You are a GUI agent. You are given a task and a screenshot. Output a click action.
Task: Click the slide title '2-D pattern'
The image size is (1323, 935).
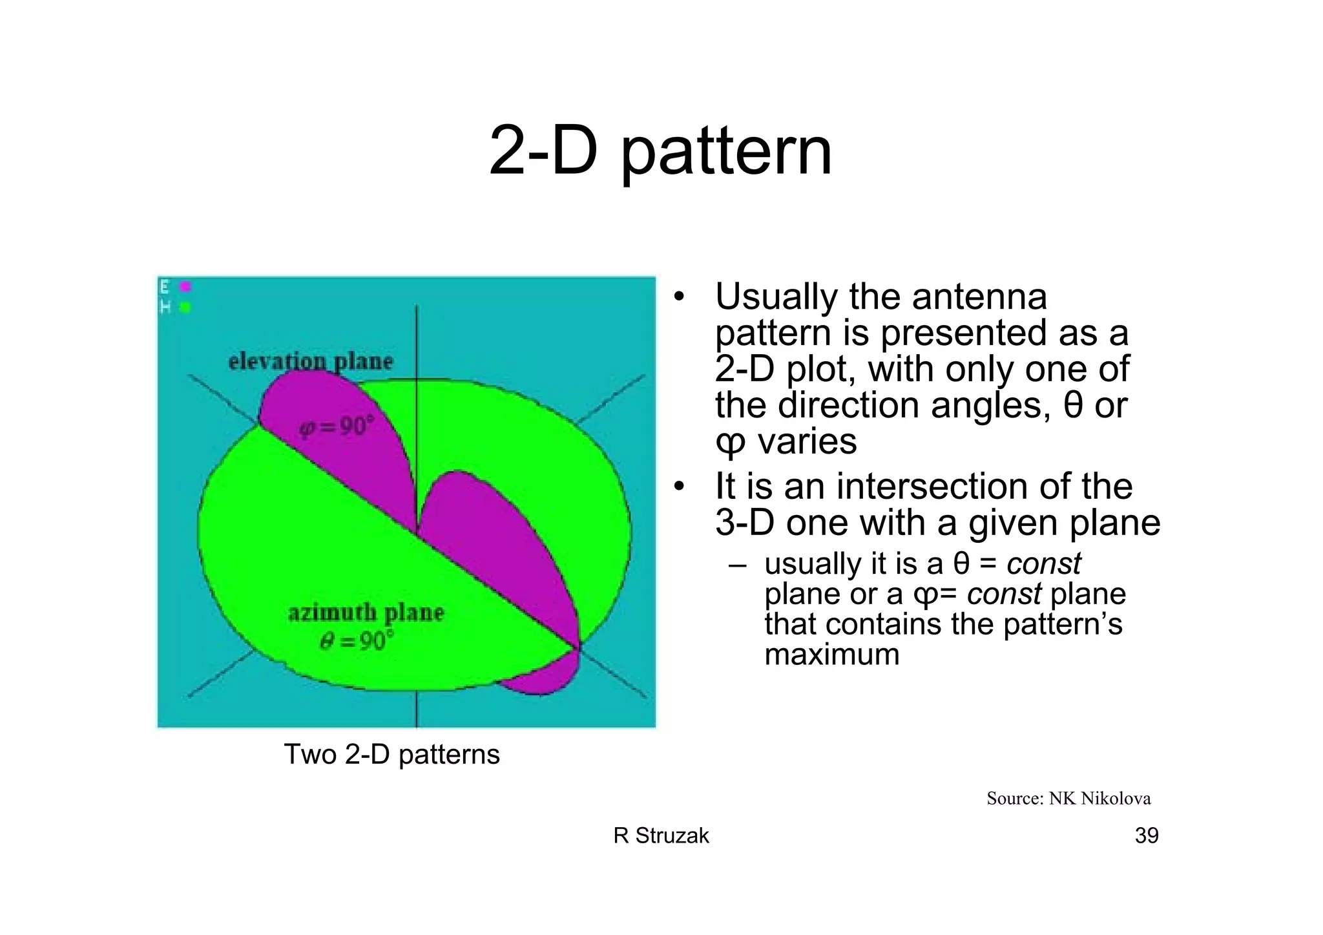(660, 151)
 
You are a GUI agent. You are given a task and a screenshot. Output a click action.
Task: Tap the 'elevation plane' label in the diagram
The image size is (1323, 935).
(310, 361)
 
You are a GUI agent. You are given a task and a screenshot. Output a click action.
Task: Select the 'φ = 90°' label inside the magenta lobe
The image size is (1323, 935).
(336, 427)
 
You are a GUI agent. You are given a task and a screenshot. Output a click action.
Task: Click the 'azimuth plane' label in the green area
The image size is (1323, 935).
(366, 612)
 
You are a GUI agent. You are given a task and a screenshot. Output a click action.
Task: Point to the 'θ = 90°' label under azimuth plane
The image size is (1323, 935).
(357, 641)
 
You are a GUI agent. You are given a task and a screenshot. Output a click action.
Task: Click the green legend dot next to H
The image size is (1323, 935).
(185, 308)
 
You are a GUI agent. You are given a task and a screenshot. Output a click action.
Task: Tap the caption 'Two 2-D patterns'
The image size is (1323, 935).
(391, 754)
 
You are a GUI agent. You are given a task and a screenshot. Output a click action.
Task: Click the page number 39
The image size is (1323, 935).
(1146, 835)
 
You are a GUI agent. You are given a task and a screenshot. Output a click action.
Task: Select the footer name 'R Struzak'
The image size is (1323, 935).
(660, 835)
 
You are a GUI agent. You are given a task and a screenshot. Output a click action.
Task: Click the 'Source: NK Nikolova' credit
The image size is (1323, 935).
(1068, 799)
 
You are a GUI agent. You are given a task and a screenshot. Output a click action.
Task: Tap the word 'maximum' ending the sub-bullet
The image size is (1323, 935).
(831, 654)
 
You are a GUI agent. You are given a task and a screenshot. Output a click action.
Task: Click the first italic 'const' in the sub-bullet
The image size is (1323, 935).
(1043, 563)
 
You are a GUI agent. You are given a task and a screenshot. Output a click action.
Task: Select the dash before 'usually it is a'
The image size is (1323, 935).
(737, 565)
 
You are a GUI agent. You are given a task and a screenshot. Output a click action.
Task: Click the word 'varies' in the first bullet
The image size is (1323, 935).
(807, 442)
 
